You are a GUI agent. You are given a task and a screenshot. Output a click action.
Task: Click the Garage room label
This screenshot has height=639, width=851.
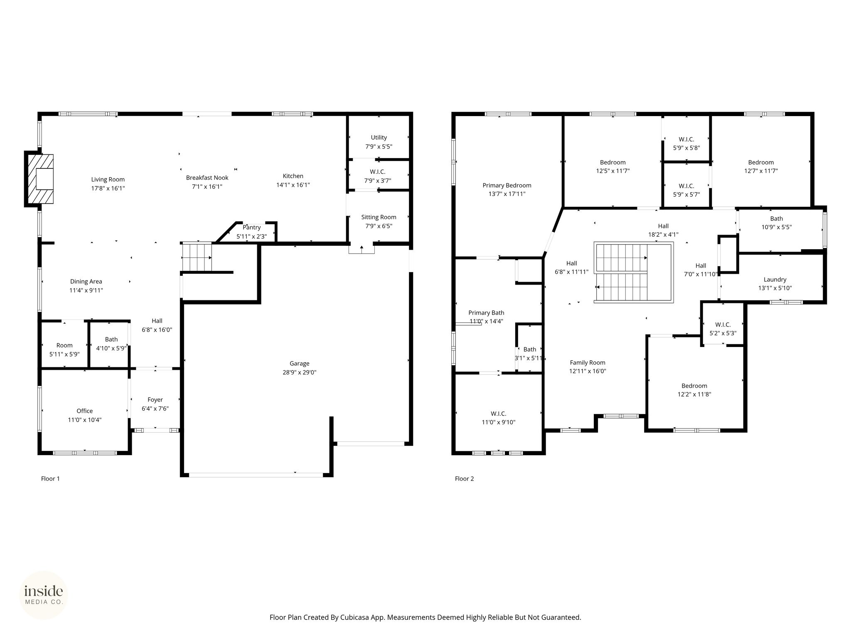point(299,364)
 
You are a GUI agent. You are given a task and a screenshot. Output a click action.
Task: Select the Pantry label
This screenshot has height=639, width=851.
point(252,228)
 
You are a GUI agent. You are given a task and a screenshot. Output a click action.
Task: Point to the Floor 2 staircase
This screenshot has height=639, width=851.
point(633,272)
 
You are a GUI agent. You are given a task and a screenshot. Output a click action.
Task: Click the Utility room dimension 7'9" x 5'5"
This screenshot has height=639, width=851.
point(379,146)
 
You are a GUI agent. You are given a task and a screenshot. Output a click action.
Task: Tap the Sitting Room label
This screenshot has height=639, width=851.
point(379,217)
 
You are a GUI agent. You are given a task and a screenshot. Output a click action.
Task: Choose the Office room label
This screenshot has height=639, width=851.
point(85,411)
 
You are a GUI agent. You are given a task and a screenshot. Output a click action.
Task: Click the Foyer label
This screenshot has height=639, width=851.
point(155,400)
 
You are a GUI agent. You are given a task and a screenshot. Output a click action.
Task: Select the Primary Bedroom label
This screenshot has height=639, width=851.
point(507,186)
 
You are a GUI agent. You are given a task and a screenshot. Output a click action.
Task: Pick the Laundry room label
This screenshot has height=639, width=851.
point(775,280)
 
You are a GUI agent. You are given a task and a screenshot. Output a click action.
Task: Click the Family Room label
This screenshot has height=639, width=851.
point(588,363)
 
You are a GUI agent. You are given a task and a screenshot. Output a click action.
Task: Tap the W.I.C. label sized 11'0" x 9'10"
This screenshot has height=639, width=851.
point(498,414)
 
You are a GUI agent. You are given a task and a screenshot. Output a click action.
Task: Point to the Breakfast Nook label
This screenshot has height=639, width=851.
point(207,178)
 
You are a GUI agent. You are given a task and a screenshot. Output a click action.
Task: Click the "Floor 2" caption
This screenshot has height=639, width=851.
point(464,479)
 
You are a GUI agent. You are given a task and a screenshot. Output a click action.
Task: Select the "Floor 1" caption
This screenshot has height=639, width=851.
point(50,479)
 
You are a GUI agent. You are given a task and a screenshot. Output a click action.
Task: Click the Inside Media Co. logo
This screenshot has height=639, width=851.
point(44,595)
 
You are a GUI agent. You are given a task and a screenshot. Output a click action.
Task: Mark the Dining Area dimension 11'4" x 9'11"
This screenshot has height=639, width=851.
point(86,290)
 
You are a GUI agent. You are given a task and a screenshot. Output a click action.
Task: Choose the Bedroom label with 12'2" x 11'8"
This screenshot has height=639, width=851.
point(694,386)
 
